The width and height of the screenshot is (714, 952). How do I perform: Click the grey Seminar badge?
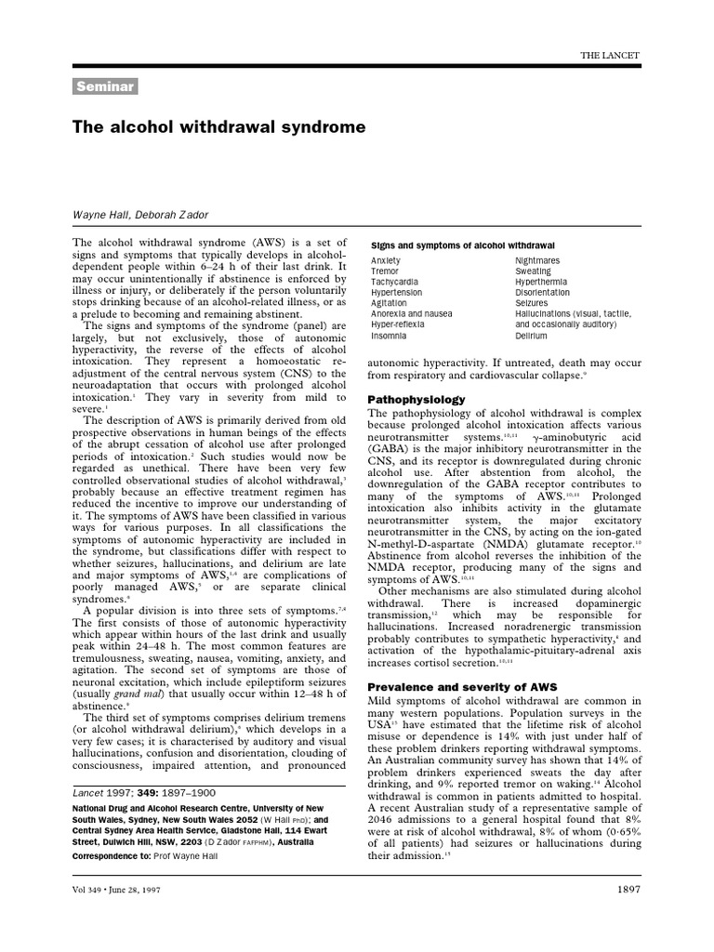click(104, 87)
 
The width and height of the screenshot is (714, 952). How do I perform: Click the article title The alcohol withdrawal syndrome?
click(218, 126)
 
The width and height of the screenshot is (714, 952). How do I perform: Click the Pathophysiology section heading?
click(416, 399)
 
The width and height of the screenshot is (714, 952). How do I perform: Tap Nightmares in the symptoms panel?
click(537, 261)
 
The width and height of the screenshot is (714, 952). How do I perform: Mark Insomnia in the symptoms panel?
click(389, 335)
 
